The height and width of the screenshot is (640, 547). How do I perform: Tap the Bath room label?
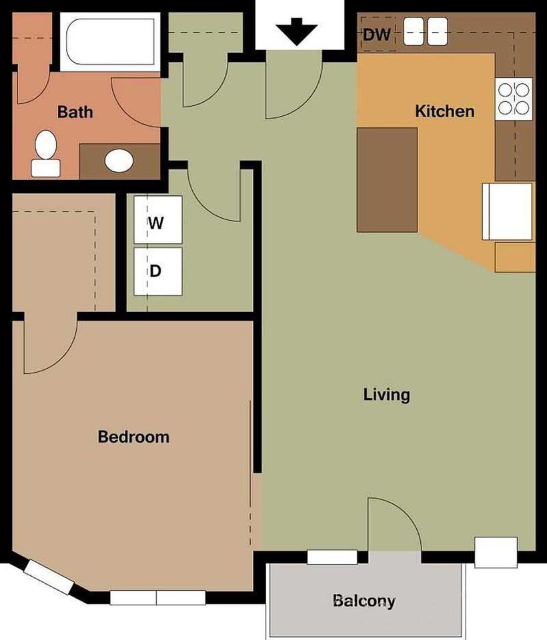click(x=75, y=112)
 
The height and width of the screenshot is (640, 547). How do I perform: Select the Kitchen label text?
click(x=445, y=111)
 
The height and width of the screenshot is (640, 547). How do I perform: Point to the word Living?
click(x=386, y=395)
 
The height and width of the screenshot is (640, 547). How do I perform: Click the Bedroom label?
click(x=133, y=437)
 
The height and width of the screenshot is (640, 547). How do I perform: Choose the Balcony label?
click(x=364, y=601)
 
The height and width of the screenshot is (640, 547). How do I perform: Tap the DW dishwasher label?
click(x=377, y=35)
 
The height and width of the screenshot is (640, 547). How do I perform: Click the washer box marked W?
click(x=158, y=220)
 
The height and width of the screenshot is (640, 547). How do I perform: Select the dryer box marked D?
click(x=158, y=271)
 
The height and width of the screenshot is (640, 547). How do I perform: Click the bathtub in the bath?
click(x=110, y=41)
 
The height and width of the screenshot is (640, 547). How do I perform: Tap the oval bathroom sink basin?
click(x=119, y=161)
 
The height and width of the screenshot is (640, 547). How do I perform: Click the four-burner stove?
click(x=514, y=99)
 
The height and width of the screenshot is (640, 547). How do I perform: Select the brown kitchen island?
click(x=388, y=180)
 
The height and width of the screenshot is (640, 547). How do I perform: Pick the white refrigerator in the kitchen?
click(x=507, y=211)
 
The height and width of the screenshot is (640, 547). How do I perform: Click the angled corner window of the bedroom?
click(x=49, y=577)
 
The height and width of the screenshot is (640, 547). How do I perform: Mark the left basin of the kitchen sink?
click(x=414, y=31)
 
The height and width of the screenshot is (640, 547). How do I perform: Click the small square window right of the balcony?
click(x=496, y=552)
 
